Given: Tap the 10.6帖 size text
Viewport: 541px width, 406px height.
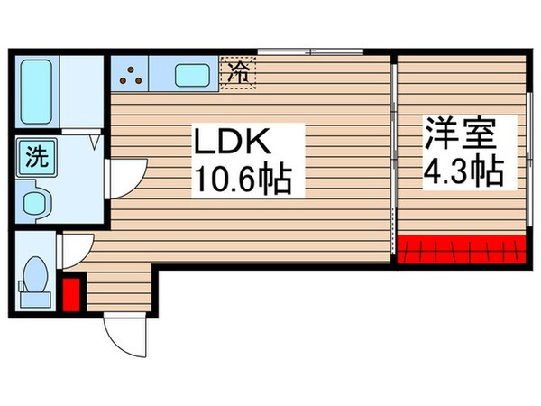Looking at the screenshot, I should (240, 183).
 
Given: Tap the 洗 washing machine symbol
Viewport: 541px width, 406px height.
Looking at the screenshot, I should (35, 157).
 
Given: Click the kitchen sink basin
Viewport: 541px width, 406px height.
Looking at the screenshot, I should (192, 75).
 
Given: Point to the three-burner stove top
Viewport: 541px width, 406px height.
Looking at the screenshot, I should (133, 74).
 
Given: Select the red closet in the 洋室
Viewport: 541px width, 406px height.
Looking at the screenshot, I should (462, 246).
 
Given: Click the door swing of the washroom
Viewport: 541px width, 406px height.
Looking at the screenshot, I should (124, 178).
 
